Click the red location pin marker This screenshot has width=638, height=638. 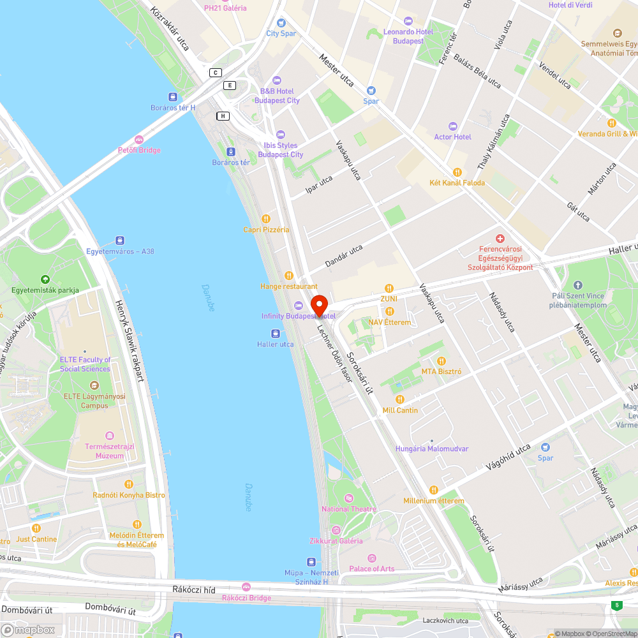318,304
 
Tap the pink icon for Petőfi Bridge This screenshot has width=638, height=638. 139,140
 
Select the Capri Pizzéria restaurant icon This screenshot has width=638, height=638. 266,219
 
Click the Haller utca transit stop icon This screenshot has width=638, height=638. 275,334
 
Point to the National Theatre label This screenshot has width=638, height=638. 349,509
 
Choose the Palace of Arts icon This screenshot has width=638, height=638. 372,558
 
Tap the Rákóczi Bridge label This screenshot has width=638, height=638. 246,598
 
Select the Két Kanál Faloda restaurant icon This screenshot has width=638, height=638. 457,172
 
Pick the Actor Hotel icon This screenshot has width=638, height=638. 453,126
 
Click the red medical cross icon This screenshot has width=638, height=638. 500,238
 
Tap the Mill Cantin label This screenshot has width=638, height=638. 400,410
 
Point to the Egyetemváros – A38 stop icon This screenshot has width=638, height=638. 120,241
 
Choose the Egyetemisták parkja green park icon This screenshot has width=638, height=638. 45,279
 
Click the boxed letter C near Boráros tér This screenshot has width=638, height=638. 216,73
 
